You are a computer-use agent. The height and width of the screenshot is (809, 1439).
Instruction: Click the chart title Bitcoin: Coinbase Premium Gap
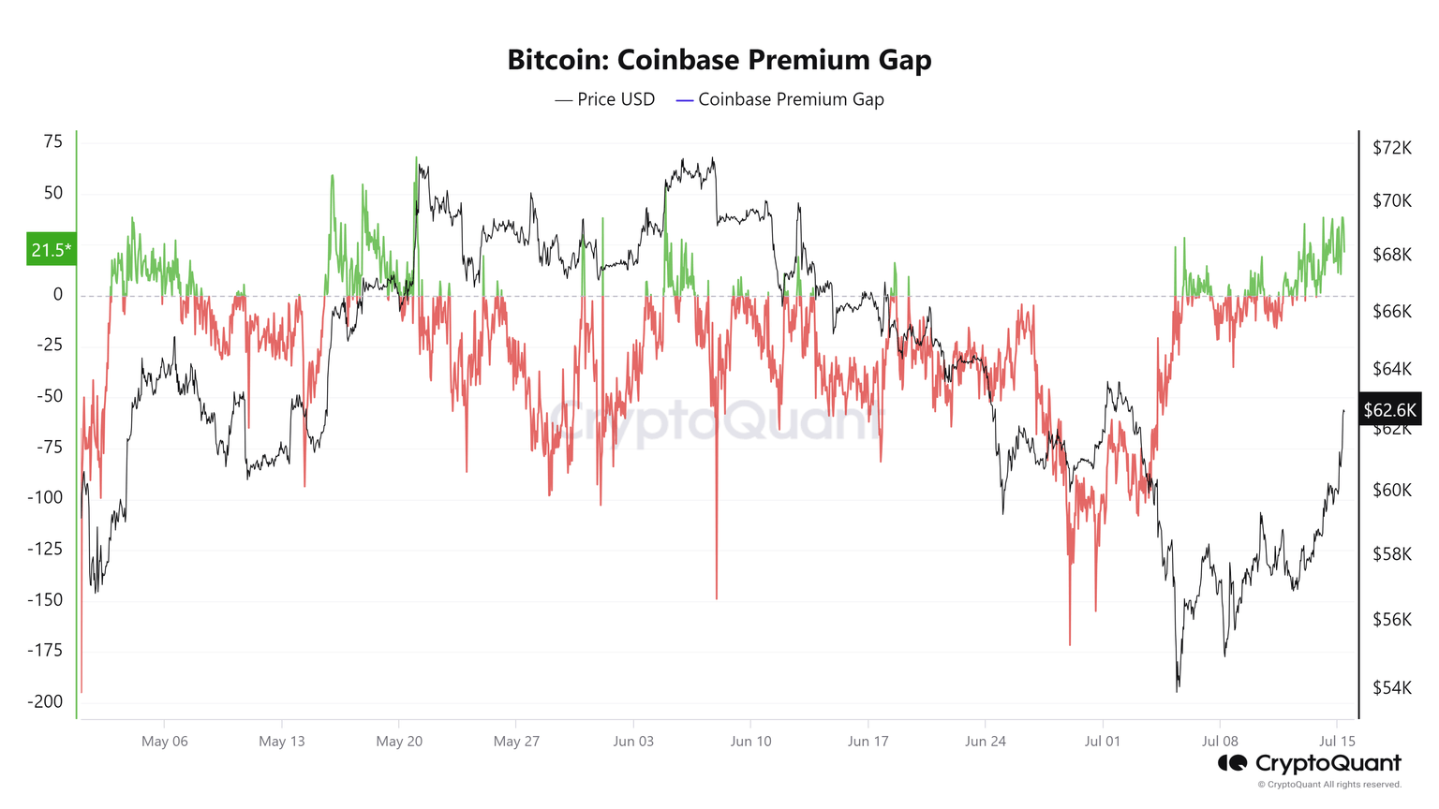[x=719, y=60]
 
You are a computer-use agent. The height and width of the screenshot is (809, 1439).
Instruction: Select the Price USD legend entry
[x=605, y=99]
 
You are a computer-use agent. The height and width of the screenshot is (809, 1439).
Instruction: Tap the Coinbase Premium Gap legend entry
[x=779, y=99]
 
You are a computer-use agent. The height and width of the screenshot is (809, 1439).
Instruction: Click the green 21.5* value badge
[x=51, y=249]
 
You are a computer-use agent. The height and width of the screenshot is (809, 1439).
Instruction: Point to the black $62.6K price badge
[x=1390, y=410]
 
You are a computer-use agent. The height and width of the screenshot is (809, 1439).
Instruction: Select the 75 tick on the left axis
[x=52, y=141]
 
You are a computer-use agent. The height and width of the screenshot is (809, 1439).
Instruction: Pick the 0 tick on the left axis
[x=58, y=294]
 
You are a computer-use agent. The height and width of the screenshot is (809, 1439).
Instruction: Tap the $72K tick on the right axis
[x=1391, y=147]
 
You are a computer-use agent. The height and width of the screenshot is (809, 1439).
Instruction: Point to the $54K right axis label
[x=1391, y=688]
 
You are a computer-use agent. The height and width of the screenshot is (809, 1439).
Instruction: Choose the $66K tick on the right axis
[x=1391, y=311]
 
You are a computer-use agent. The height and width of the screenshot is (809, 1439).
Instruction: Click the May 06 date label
[x=165, y=742]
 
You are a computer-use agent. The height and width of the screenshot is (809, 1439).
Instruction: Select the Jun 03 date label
[x=633, y=742]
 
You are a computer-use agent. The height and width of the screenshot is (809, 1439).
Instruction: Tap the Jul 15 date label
[x=1337, y=742]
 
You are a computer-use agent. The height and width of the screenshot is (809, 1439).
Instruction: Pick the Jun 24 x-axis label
[x=985, y=742]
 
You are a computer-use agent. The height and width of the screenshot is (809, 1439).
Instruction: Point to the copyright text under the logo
[x=1329, y=785]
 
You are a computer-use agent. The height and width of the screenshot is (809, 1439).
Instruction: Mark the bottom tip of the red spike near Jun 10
[x=717, y=598]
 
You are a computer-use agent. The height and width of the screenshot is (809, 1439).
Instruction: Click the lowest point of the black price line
[x=1178, y=691]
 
